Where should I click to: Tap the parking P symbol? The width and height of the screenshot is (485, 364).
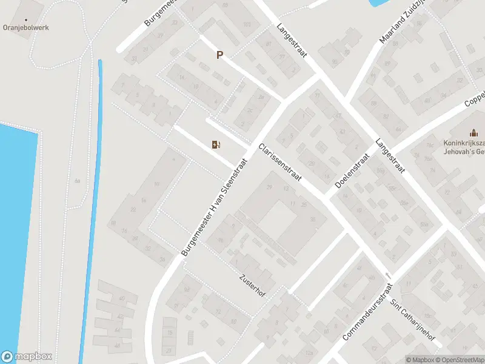[x=220, y=55]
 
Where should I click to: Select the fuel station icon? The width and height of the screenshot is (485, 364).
[x=215, y=144]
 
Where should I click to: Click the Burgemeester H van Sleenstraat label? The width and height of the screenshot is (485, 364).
[x=215, y=207]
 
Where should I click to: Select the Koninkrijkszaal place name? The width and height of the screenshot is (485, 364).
[x=464, y=144]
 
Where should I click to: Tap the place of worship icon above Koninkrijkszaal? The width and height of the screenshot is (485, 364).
[x=473, y=132]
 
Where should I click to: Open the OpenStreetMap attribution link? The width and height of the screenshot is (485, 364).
[x=459, y=360]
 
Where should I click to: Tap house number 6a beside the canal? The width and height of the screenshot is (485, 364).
[x=77, y=181]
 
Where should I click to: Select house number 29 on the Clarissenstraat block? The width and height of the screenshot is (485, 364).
[x=269, y=187]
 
